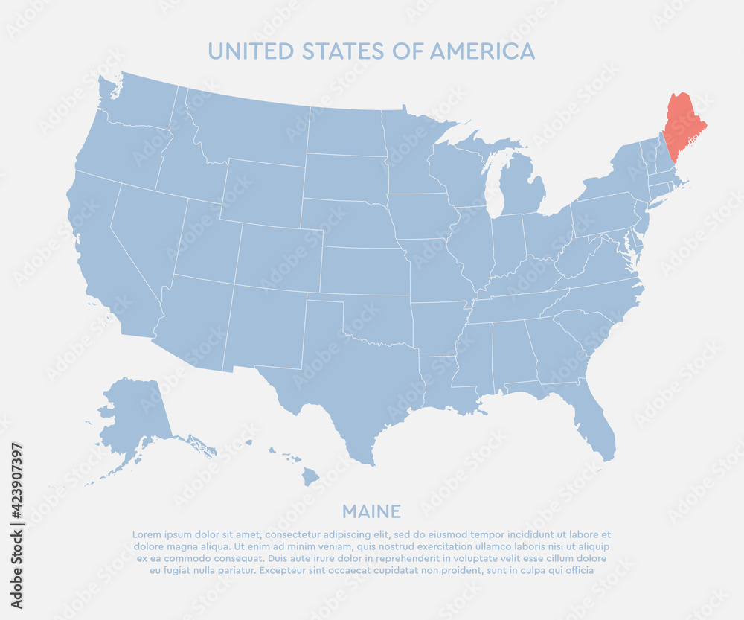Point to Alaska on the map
point(134,413)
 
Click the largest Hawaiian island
point(310,475)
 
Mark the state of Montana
point(249,130)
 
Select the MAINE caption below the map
point(371,511)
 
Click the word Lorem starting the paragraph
point(146,534)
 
